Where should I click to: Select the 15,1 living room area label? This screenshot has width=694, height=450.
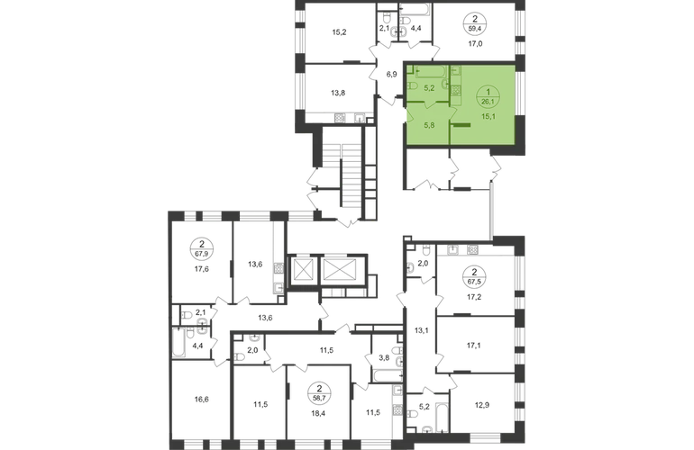[x=488, y=116]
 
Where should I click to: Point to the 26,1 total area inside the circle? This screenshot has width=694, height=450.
[x=488, y=101]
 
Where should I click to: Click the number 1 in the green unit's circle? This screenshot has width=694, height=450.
[x=488, y=92]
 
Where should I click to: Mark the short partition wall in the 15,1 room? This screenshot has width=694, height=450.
[x=460, y=126]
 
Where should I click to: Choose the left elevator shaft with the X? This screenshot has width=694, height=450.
[x=304, y=268]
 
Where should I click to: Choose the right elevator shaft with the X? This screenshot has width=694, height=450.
[x=341, y=268]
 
